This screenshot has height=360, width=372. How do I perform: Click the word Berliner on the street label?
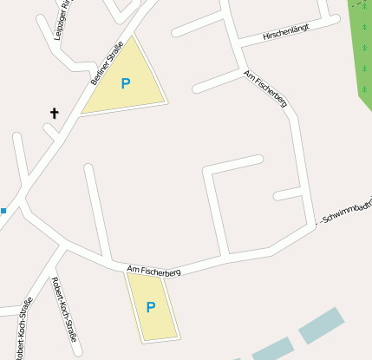(98, 75)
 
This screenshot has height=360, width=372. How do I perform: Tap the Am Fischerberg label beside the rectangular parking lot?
(153, 272)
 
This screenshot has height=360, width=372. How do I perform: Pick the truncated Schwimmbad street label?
(345, 211)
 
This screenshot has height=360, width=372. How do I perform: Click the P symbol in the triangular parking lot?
(126, 83)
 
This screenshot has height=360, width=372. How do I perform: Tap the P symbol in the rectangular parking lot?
(150, 306)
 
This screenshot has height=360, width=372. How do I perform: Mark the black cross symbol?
(55, 113)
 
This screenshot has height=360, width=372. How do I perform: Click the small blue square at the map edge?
(3, 210)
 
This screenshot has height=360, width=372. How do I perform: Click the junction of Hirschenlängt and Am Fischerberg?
(237, 44)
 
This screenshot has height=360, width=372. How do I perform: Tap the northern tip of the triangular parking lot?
(135, 36)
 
